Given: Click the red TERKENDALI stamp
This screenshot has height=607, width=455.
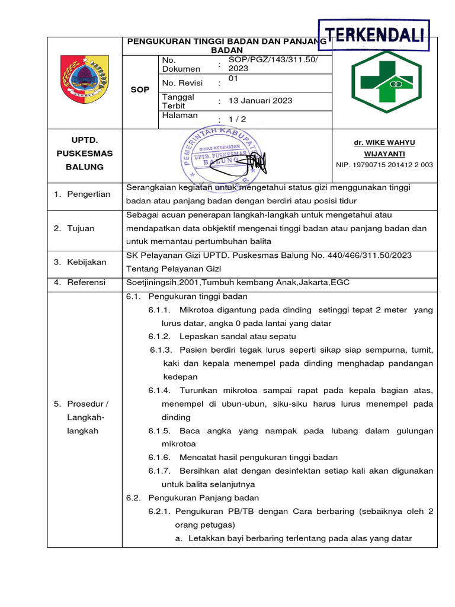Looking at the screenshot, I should (374, 35).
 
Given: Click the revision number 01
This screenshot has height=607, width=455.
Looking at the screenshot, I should (233, 79).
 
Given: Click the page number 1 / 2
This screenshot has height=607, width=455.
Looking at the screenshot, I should (237, 119).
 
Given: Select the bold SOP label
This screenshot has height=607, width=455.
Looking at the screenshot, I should (140, 90).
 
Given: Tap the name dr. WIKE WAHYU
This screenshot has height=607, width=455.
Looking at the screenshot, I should (384, 142).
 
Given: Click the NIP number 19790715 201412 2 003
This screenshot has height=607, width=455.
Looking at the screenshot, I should (384, 165).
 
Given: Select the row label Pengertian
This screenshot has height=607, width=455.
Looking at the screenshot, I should (88, 194).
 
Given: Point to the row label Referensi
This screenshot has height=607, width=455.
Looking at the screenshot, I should (86, 282).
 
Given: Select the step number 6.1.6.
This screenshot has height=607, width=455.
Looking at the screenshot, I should (159, 457).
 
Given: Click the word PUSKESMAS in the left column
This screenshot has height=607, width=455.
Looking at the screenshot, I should (84, 154).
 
